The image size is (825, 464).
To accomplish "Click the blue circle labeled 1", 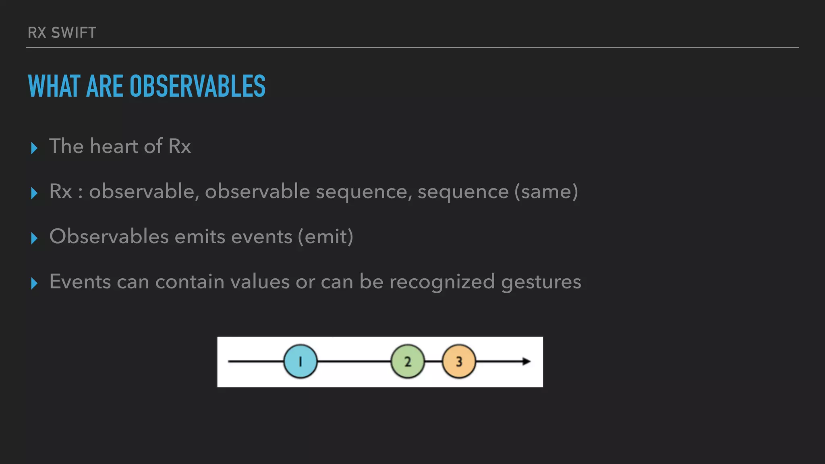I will pyautogui.click(x=300, y=361).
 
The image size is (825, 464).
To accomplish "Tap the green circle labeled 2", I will pyautogui.click(x=408, y=361).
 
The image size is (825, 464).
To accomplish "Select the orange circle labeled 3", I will pyautogui.click(x=459, y=361).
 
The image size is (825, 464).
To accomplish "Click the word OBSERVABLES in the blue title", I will pyautogui.click(x=197, y=86).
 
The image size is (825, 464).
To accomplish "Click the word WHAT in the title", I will pyautogui.click(x=54, y=86).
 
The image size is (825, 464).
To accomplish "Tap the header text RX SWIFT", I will pyautogui.click(x=62, y=33).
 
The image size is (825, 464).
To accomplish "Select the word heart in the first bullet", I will pyautogui.click(x=114, y=146).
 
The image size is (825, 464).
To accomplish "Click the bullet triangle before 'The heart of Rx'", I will pyautogui.click(x=34, y=148).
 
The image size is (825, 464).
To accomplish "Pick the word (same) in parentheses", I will pyautogui.click(x=546, y=191).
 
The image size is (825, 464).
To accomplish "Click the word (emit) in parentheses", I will pyautogui.click(x=325, y=236).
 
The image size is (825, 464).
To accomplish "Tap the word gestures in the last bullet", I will pyautogui.click(x=541, y=282).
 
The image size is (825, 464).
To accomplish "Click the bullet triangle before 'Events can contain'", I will pyautogui.click(x=34, y=284).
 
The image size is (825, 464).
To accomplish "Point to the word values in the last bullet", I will pyautogui.click(x=260, y=282).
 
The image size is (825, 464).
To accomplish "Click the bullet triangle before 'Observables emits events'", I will pyautogui.click(x=34, y=238).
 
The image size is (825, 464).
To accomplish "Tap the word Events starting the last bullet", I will pyautogui.click(x=80, y=282).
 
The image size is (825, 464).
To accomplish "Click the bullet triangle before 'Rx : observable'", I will pyautogui.click(x=34, y=193).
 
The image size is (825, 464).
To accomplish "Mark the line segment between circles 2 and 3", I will pyautogui.click(x=433, y=361).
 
